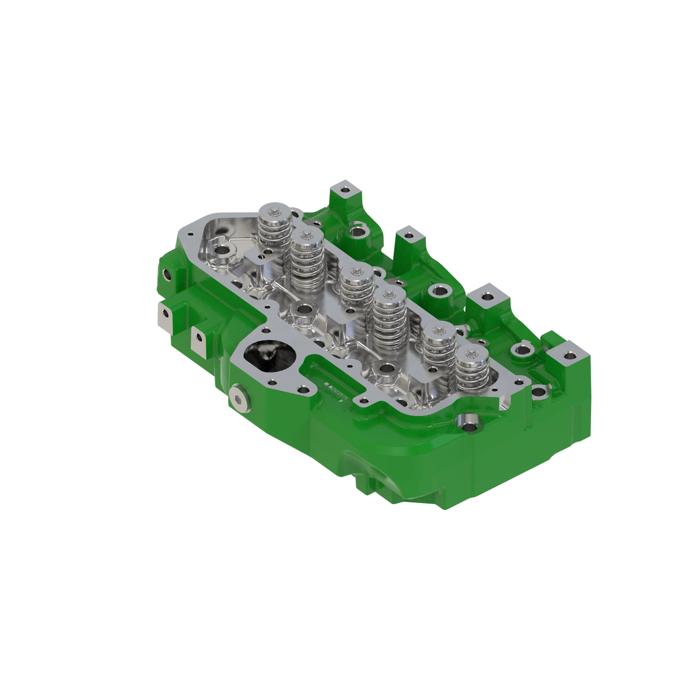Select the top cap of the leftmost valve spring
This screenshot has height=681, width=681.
coord(275,211)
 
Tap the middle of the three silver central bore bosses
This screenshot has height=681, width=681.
coord(304,311)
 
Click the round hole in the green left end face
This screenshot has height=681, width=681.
coord(166,273)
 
